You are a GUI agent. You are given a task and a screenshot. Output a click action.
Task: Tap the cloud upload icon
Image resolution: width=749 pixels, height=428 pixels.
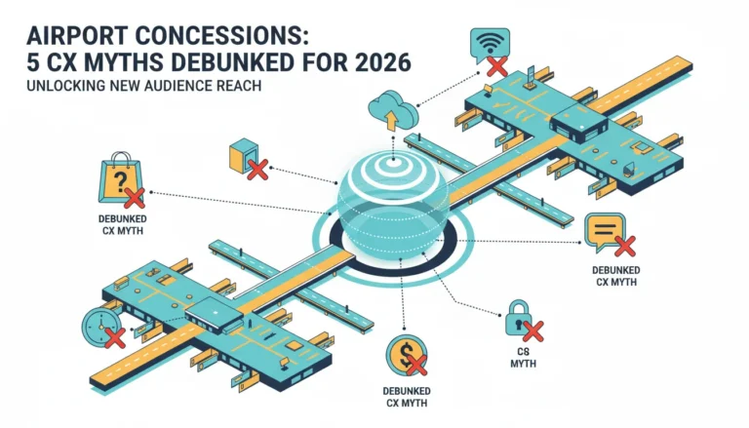tap(393, 110)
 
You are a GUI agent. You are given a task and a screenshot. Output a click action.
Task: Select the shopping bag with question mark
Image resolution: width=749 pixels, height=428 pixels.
tap(120, 177)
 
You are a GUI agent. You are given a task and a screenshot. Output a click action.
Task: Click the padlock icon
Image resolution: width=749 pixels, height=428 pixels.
tap(518, 317)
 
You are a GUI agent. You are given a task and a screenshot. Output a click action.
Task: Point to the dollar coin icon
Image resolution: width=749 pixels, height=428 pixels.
tap(406, 355)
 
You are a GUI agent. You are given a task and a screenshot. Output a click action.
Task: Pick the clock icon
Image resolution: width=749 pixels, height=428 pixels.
tap(101, 327)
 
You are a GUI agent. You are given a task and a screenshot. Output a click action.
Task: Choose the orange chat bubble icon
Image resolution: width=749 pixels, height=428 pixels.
tap(605, 232)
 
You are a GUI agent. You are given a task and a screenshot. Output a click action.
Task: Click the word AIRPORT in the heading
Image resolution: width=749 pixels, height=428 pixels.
tap(77, 35)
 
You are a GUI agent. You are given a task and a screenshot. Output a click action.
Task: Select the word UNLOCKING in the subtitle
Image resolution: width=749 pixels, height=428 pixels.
tap(66, 86)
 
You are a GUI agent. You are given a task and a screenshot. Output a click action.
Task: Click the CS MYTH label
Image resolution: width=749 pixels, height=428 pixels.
tap(523, 358)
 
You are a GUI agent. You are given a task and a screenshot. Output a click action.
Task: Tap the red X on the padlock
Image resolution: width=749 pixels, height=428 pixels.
tap(532, 331)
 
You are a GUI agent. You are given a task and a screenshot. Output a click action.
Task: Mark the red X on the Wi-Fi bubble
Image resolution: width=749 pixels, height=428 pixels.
tap(497, 66)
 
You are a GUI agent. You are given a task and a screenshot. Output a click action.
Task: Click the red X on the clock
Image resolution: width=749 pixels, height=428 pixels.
tap(115, 337)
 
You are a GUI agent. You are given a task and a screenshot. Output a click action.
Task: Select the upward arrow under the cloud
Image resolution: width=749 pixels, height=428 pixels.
tap(392, 120)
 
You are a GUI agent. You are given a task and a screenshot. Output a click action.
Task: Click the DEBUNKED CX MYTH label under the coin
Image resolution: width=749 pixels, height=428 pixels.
tap(407, 397)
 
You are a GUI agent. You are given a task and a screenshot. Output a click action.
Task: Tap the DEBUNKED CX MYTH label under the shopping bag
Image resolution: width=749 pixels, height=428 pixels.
tap(122, 225)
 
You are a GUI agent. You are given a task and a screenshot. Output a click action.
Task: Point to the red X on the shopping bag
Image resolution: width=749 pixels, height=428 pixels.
tap(135, 198)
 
